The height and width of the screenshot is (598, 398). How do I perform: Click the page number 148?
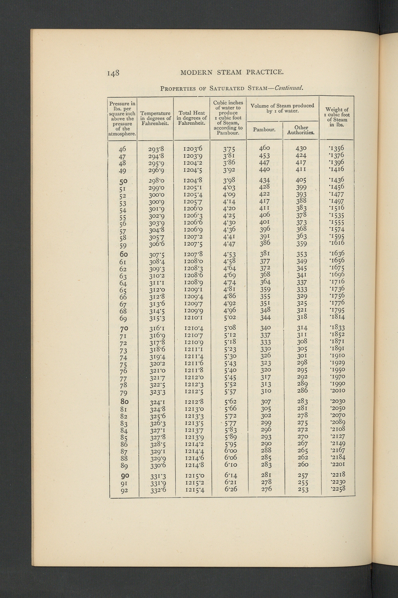tap(113, 73)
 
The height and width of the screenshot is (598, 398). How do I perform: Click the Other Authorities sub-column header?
tap(301, 130)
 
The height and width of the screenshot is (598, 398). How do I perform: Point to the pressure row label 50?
tap(123, 181)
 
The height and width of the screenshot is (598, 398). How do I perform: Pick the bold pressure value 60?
tap(124, 254)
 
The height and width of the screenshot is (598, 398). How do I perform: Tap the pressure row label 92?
tap(124, 491)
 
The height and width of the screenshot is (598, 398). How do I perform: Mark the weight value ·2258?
tap(338, 489)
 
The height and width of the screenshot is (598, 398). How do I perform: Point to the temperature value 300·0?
tap(156, 195)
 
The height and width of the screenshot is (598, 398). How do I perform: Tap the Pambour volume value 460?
tap(264, 148)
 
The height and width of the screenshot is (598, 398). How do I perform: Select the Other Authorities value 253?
tap(303, 490)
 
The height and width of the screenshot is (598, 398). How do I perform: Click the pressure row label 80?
tap(124, 401)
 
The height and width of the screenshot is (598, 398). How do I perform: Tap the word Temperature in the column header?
tap(155, 113)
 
